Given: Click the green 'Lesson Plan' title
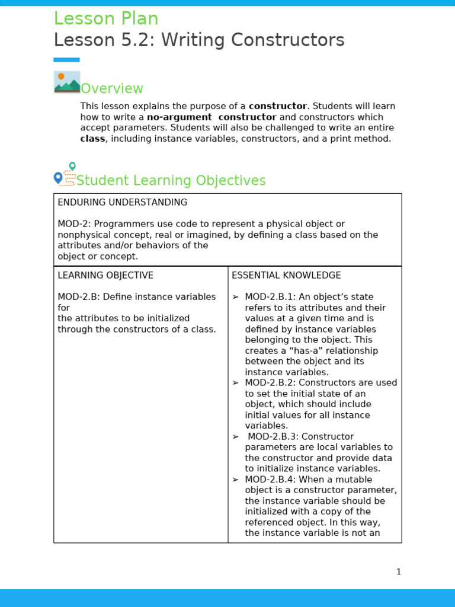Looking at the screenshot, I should [106, 19].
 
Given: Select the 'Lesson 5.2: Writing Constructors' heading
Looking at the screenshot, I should [199, 40].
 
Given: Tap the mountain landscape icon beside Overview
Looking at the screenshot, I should [67, 82].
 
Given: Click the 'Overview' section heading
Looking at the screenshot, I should [112, 89].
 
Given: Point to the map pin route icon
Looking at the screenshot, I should [65, 175].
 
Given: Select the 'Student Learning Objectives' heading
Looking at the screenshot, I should [171, 181].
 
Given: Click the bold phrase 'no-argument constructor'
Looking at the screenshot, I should [212, 117].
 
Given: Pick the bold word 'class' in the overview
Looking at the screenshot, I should [92, 139].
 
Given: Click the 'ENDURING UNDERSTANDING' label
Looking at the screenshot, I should [122, 203].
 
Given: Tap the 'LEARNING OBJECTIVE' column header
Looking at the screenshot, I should [105, 276].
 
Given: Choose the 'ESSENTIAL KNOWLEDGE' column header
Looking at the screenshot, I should [286, 276].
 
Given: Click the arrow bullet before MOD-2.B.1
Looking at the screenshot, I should [235, 297].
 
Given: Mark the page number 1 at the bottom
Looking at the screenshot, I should [399, 572].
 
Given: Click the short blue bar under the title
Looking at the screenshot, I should [66, 60].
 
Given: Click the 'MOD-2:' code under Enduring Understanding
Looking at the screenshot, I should [74, 224].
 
